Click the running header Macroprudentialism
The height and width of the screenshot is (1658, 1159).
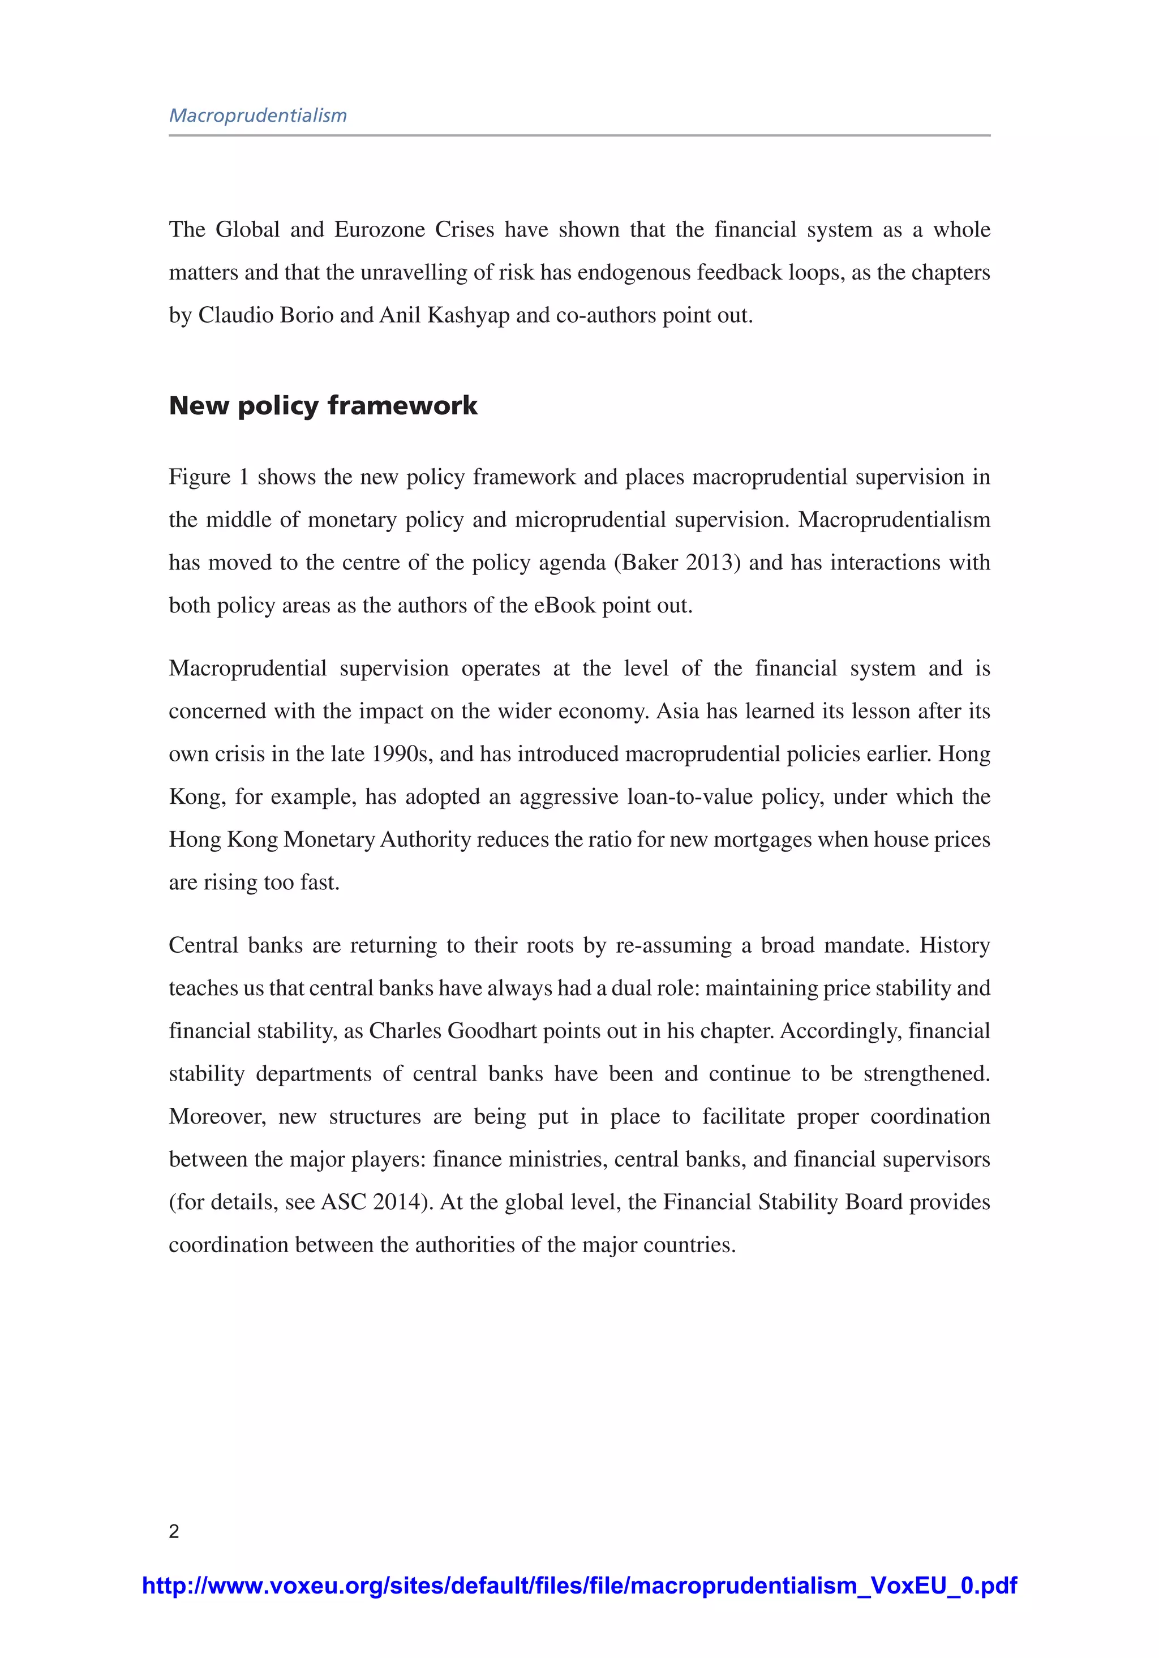pyautogui.click(x=258, y=115)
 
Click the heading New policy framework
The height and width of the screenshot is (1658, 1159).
pyautogui.click(x=323, y=406)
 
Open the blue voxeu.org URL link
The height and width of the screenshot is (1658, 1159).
pyautogui.click(x=579, y=1586)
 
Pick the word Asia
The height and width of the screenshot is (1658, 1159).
pyautogui.click(x=677, y=712)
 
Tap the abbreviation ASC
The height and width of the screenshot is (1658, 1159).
pyautogui.click(x=344, y=1202)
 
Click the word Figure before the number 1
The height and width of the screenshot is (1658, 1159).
pyautogui.click(x=199, y=477)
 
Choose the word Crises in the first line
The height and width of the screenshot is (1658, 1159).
pyautogui.click(x=463, y=230)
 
